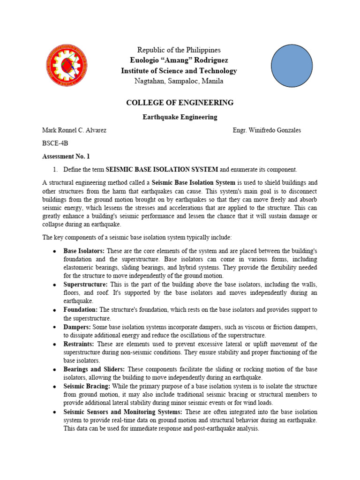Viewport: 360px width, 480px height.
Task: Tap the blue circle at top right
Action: (292, 64)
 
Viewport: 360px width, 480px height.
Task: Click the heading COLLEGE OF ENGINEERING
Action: (180, 103)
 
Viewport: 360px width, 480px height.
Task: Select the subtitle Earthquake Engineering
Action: (180, 117)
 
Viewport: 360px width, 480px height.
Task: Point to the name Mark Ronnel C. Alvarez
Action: (75, 130)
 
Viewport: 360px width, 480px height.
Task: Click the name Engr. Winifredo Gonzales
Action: (267, 130)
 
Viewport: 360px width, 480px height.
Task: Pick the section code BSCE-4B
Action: (55, 143)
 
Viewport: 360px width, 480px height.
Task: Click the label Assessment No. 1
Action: (66, 157)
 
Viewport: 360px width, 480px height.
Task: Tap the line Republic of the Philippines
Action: (179, 50)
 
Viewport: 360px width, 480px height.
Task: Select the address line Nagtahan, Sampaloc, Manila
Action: (179, 82)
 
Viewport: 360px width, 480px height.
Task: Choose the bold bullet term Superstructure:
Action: (86, 285)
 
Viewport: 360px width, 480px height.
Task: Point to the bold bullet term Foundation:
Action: (81, 310)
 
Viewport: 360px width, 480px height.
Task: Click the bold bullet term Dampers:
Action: (77, 327)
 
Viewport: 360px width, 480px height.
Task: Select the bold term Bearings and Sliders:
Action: (94, 369)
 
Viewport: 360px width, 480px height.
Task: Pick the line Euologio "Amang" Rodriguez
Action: (179, 60)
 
